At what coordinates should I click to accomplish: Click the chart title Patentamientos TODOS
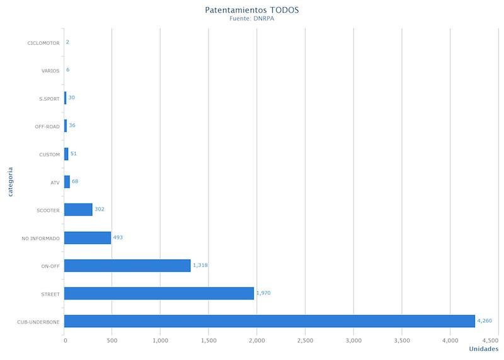(252, 10)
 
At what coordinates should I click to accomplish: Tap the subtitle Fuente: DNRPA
(252, 19)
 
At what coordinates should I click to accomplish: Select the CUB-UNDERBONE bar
(269, 321)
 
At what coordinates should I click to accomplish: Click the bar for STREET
(159, 293)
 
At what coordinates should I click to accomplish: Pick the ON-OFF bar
(127, 265)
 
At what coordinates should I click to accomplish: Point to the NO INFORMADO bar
(88, 238)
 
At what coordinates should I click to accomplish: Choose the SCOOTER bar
(78, 210)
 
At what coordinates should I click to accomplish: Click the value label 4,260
(484, 321)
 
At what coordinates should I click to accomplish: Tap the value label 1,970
(263, 293)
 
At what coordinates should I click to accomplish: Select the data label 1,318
(200, 265)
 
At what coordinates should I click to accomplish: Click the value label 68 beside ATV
(75, 182)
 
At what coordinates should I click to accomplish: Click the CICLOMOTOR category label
(43, 43)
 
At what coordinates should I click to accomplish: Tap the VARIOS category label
(50, 71)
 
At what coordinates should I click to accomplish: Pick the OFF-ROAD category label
(47, 127)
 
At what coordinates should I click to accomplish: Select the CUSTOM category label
(49, 154)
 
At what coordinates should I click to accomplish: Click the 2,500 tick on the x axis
(305, 340)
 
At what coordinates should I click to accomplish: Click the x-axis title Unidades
(484, 349)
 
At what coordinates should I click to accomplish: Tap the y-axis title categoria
(11, 182)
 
